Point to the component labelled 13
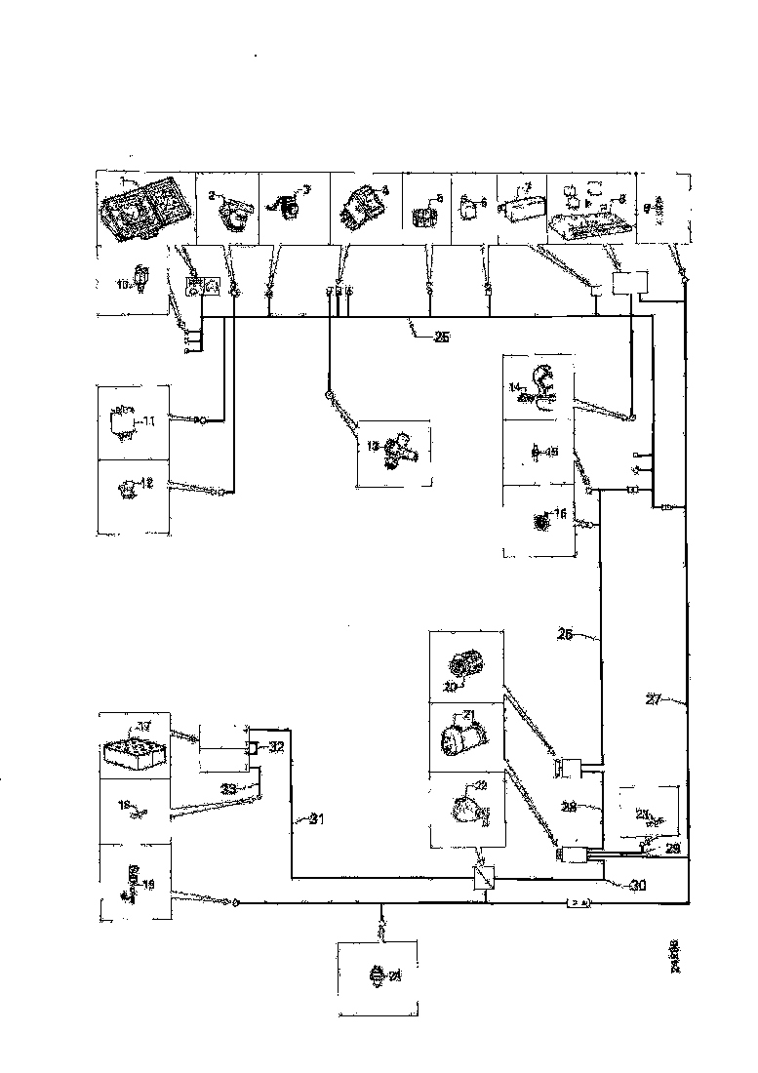pyautogui.click(x=395, y=452)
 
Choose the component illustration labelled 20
pyautogui.click(x=464, y=663)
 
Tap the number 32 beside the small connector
pyautogui.click(x=276, y=747)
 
